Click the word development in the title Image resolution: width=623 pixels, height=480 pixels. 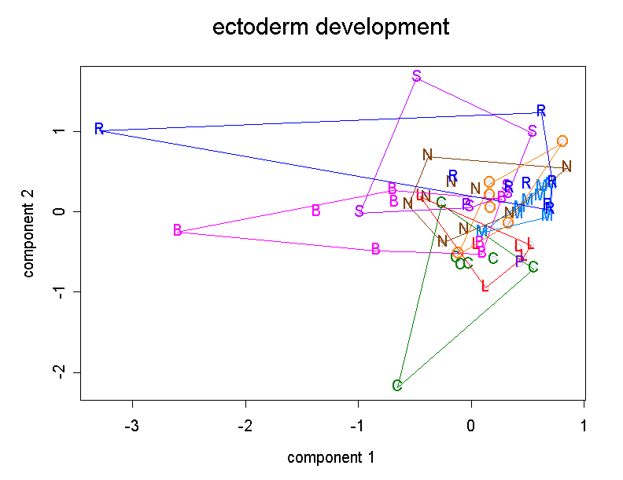pyautogui.click(x=381, y=28)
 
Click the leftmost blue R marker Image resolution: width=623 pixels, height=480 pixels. pyautogui.click(x=99, y=129)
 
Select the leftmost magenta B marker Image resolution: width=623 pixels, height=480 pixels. pyautogui.click(x=177, y=230)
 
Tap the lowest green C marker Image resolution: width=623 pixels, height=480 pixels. pyautogui.click(x=397, y=385)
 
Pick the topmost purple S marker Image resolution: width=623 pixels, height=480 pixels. pyautogui.click(x=417, y=76)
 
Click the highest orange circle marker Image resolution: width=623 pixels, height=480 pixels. pyautogui.click(x=562, y=141)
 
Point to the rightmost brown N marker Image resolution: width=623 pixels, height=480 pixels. pyautogui.click(x=566, y=167)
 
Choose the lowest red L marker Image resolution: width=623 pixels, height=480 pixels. pyautogui.click(x=485, y=286)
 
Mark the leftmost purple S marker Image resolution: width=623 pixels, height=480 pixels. pyautogui.click(x=359, y=211)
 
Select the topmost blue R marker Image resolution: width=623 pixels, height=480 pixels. pyautogui.click(x=541, y=111)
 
